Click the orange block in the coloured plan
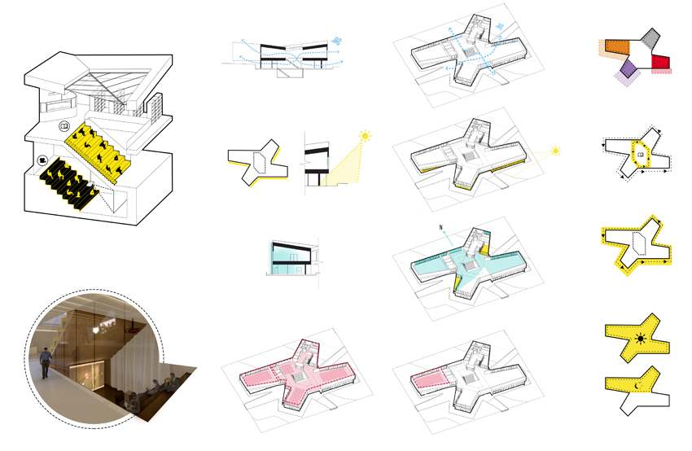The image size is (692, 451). [x=617, y=47]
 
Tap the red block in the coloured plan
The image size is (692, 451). [x=661, y=62]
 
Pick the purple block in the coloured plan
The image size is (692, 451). [x=629, y=68]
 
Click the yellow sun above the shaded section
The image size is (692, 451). [x=365, y=136]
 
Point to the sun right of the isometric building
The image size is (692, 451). [x=555, y=151]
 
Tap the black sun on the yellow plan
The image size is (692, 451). [x=641, y=339]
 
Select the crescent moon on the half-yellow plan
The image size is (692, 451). [x=637, y=386]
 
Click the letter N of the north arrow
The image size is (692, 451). [x=440, y=228]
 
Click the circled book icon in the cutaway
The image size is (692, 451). [x=64, y=127]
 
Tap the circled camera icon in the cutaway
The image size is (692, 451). [x=43, y=160]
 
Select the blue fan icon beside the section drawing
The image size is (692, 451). [x=337, y=42]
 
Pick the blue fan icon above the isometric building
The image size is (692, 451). [x=500, y=27]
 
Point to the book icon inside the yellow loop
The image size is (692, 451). [x=641, y=155]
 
